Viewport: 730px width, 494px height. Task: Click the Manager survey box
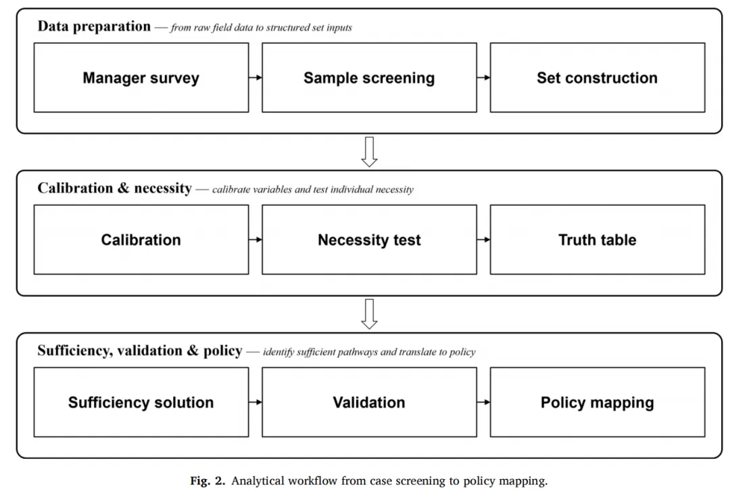point(141,77)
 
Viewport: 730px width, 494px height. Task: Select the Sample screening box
point(369,77)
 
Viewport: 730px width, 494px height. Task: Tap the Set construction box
point(598,77)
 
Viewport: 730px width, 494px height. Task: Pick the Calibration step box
point(141,240)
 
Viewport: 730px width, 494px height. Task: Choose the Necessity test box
point(369,240)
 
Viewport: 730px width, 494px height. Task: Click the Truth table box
point(598,240)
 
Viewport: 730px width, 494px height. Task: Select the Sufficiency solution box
point(141,402)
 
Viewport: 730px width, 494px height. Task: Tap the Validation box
point(369,402)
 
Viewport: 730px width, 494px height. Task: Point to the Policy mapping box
point(598,402)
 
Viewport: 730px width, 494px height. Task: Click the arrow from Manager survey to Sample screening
point(255,77)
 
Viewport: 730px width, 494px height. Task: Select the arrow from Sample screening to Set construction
point(483,77)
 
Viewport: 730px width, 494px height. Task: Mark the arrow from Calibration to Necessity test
point(255,240)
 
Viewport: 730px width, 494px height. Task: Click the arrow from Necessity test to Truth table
point(483,240)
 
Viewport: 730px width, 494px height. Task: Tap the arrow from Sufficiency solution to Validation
point(255,402)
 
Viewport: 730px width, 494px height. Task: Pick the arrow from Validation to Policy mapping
point(483,402)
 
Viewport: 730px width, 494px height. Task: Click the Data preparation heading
point(94,26)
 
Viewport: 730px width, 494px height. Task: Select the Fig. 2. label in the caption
point(208,480)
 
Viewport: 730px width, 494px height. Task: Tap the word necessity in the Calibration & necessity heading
point(163,188)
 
